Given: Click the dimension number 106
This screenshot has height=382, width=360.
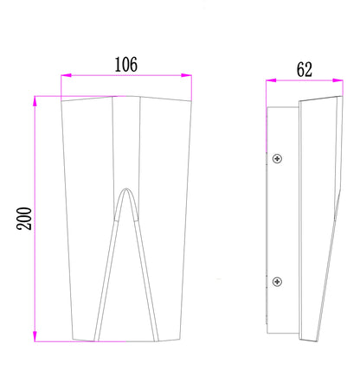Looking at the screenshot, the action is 126,65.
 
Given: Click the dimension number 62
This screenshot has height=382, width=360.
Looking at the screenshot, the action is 305,70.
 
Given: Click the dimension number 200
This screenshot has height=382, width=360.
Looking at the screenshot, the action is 24,219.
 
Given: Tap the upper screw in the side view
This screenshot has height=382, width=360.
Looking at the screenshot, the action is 277,158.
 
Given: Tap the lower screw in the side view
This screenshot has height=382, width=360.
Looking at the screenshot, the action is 277,282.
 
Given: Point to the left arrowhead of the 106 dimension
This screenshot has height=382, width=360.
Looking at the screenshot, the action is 66,75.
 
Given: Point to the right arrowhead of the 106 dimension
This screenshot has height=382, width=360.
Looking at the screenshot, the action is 186,75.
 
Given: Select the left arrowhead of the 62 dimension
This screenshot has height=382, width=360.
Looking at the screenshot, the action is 271,80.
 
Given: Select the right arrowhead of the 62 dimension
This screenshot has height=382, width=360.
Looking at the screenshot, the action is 337,80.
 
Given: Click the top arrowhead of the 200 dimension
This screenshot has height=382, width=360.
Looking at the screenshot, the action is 35,101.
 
